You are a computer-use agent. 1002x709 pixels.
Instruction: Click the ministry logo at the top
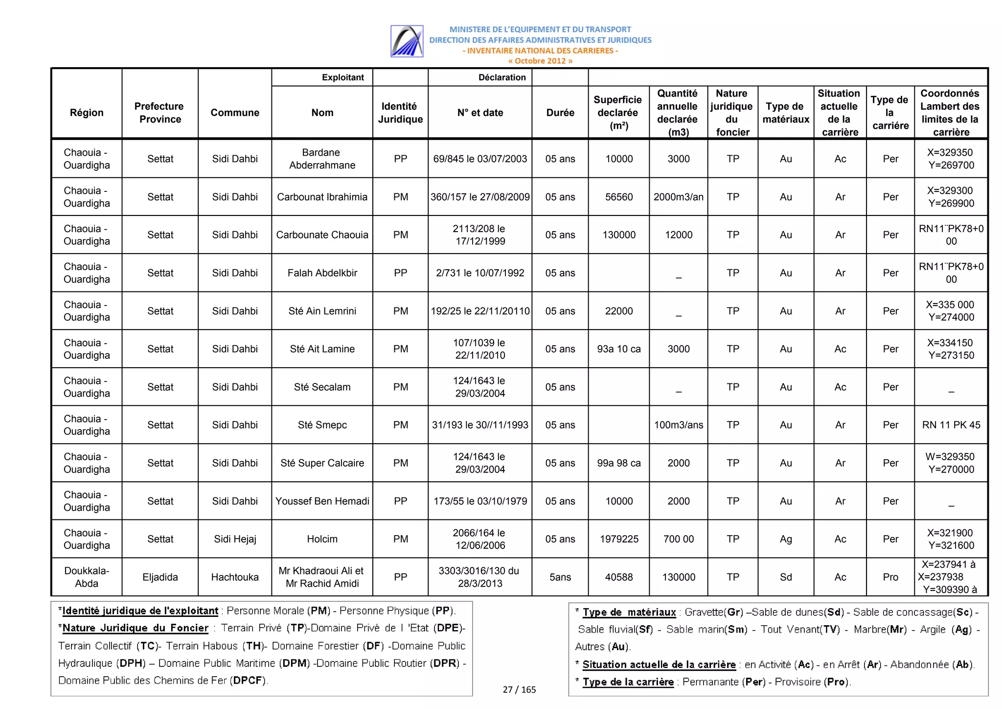point(407,41)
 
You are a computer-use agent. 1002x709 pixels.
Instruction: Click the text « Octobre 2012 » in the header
point(540,61)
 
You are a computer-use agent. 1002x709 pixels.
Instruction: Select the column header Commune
point(235,113)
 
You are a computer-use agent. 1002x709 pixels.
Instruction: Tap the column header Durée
point(560,113)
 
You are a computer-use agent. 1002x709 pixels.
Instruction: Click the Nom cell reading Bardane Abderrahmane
point(322,159)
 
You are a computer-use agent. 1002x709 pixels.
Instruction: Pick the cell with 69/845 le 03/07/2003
point(480,159)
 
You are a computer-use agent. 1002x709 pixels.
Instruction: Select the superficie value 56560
point(619,197)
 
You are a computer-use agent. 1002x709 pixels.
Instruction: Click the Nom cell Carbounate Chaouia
point(322,235)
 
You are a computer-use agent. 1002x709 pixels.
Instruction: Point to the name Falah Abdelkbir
point(322,273)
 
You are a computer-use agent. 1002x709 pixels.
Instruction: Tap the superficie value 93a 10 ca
point(619,349)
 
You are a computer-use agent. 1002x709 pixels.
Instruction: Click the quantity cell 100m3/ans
point(679,425)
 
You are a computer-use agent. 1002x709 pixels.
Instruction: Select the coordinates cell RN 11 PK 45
point(951,425)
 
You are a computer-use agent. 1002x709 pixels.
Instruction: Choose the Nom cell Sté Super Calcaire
point(322,463)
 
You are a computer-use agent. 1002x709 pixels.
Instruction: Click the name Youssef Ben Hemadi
point(322,501)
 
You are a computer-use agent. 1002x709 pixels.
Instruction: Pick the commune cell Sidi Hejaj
point(235,539)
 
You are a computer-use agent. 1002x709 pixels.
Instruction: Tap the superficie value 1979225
point(619,539)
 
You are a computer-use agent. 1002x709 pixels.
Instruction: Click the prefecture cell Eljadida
point(160,577)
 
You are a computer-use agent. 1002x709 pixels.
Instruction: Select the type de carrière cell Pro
point(890,577)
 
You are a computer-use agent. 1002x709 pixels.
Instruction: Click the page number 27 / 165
point(519,689)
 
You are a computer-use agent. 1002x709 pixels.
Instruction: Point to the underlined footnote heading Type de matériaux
point(629,612)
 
